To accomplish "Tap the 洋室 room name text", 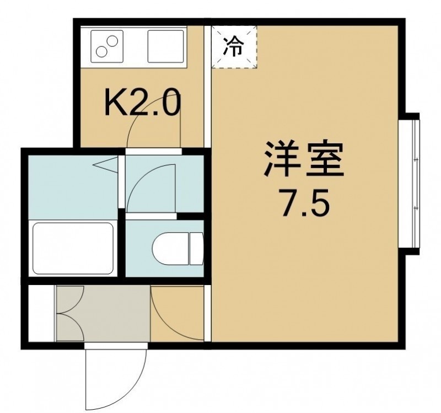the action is [x=304, y=158].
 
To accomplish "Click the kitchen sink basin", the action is [x=166, y=46].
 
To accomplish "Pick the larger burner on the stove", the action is [x=112, y=41].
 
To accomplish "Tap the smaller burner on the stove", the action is [x=101, y=51].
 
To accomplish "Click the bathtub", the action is [x=73, y=248].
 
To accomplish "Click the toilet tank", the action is [x=196, y=249].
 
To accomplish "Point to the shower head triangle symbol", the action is [x=106, y=165].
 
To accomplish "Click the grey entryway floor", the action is [x=103, y=313].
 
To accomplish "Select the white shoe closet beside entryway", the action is [x=41, y=313].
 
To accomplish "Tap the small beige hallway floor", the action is [x=177, y=313].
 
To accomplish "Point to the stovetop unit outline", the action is [x=107, y=46].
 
